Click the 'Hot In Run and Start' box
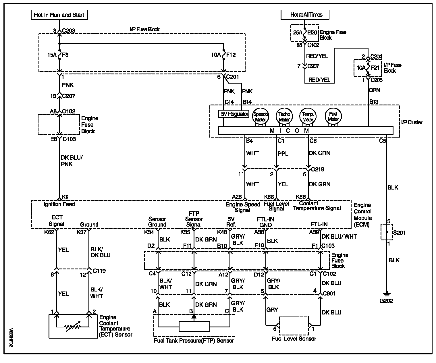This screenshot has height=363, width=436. coord(59,15)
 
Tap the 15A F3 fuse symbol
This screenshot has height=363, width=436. coord(60,55)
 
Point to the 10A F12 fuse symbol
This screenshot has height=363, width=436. coord(223,55)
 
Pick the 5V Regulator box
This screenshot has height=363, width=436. coord(234,114)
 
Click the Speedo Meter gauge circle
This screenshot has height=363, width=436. coord(260,116)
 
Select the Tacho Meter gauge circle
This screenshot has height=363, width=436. coord(284,116)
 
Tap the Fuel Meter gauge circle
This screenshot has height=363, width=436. coord(333,116)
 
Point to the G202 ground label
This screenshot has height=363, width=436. coord(386,301)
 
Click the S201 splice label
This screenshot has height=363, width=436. coord(399,233)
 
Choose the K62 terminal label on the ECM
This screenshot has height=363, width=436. coord(49,232)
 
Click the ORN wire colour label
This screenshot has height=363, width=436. coord(374,90)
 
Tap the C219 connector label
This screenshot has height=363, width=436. coord(317,169)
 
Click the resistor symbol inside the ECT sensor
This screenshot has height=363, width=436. coord(72,327)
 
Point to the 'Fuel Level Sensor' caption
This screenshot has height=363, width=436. coord(294,339)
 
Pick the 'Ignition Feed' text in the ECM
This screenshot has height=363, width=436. coord(59,204)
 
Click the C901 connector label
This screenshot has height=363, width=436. coord(329,294)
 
